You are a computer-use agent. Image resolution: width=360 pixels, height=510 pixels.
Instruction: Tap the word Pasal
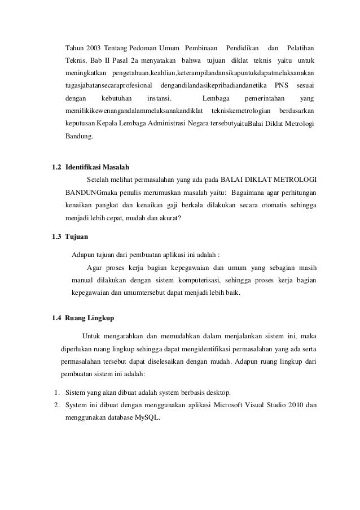[119, 60]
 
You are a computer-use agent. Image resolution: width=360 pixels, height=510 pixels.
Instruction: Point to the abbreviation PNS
[280, 85]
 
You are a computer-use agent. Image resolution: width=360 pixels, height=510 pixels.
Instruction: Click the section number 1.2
[56, 168]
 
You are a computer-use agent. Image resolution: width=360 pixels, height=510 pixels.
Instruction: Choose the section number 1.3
[56, 236]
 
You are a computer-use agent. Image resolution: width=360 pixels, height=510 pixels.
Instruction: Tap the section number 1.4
[56, 318]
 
